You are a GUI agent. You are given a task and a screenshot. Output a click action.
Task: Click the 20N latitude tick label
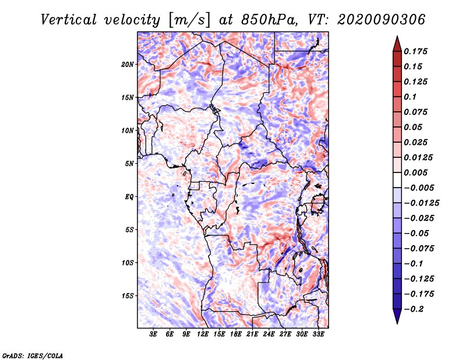point(128,64)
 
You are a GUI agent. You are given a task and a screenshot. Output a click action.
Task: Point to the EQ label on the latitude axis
point(129,197)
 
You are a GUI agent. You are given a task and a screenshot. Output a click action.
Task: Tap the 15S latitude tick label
point(128,296)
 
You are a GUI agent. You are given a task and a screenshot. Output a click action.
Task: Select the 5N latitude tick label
point(129,164)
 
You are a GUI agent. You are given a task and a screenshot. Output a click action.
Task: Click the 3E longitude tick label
point(154,335)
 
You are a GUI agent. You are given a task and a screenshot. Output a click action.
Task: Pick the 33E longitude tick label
point(318,335)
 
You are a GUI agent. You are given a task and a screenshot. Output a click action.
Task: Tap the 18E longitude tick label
point(236,335)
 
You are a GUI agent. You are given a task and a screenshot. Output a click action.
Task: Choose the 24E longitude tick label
point(269,335)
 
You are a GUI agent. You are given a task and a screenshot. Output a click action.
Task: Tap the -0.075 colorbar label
point(419,248)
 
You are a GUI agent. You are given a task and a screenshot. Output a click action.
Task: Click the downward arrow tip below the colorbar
point(397,322)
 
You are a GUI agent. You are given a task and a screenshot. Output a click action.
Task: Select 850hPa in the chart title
point(260,20)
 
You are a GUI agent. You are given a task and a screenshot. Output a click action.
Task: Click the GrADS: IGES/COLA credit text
point(33,355)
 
